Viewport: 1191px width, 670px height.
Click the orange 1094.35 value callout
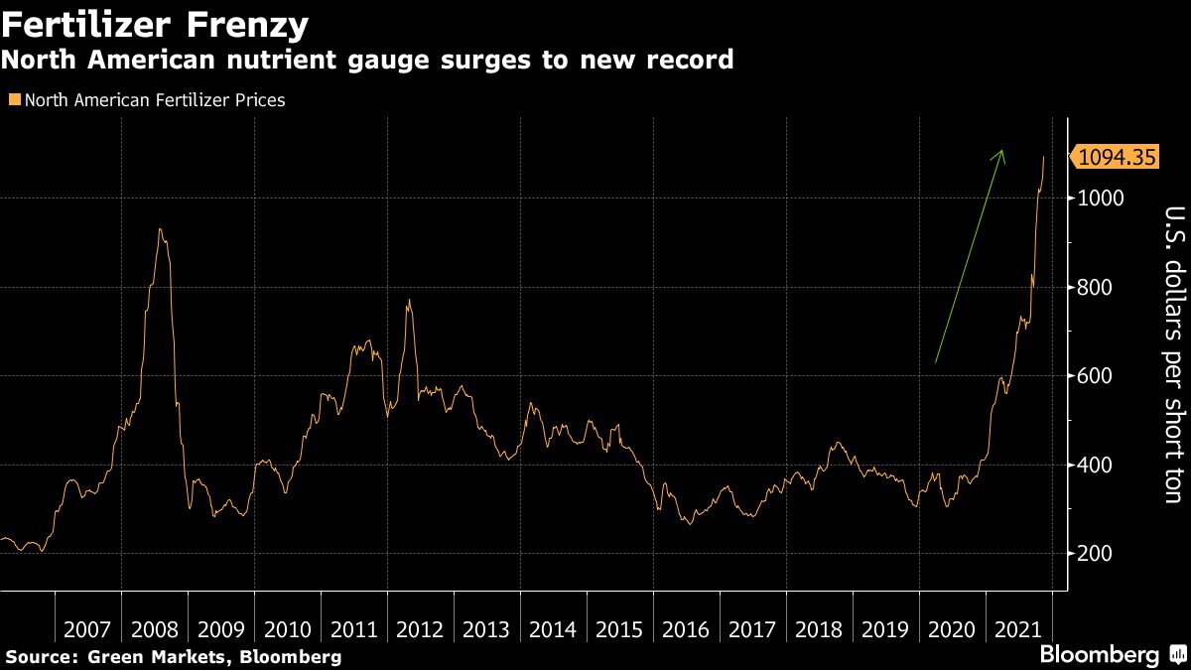pyautogui.click(x=1117, y=156)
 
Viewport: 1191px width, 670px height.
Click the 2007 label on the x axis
pyautogui.click(x=87, y=629)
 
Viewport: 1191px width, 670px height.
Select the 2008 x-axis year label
pyautogui.click(x=154, y=629)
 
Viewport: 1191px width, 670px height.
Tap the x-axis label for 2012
pyautogui.click(x=420, y=629)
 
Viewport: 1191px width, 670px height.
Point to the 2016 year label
pyautogui.click(x=686, y=629)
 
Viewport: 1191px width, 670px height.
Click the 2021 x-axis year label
pyautogui.click(x=1018, y=629)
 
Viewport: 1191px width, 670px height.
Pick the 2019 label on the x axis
pyautogui.click(x=885, y=629)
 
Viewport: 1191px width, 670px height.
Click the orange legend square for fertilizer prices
pyautogui.click(x=13, y=100)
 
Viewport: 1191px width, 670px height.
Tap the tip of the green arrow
pyautogui.click(x=1002, y=151)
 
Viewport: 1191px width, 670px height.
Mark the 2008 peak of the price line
pyautogui.click(x=160, y=230)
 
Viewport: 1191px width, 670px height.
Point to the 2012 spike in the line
pyautogui.click(x=408, y=301)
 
